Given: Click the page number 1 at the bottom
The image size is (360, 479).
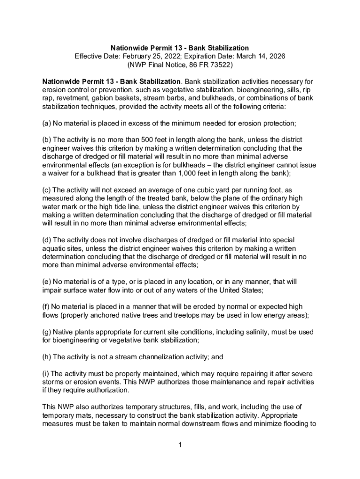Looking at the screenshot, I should [180, 444].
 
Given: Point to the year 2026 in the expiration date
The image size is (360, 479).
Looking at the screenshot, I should [276, 56].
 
